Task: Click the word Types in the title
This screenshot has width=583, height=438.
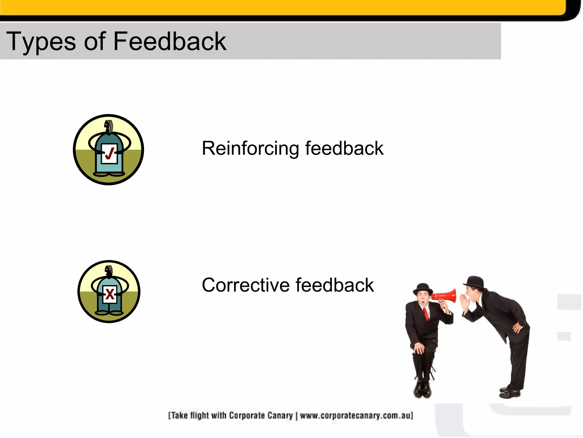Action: coord(41,42)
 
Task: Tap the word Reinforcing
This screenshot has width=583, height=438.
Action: coord(251,148)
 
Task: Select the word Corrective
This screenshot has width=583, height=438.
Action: coord(246,285)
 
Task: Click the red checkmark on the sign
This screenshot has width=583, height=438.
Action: coord(110,153)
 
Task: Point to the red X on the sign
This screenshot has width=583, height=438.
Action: coord(110,294)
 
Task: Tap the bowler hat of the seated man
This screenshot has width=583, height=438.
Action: coord(423,289)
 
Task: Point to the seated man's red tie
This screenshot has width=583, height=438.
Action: coord(426,314)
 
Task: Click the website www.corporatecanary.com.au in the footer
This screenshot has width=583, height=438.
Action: coord(356,415)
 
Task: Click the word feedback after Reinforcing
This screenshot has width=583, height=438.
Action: coord(344,148)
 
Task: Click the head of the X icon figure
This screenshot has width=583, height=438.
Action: coord(109,271)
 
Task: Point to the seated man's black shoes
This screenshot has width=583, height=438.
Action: coord(422,390)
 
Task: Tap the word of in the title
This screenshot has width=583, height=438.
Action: coord(95,42)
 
